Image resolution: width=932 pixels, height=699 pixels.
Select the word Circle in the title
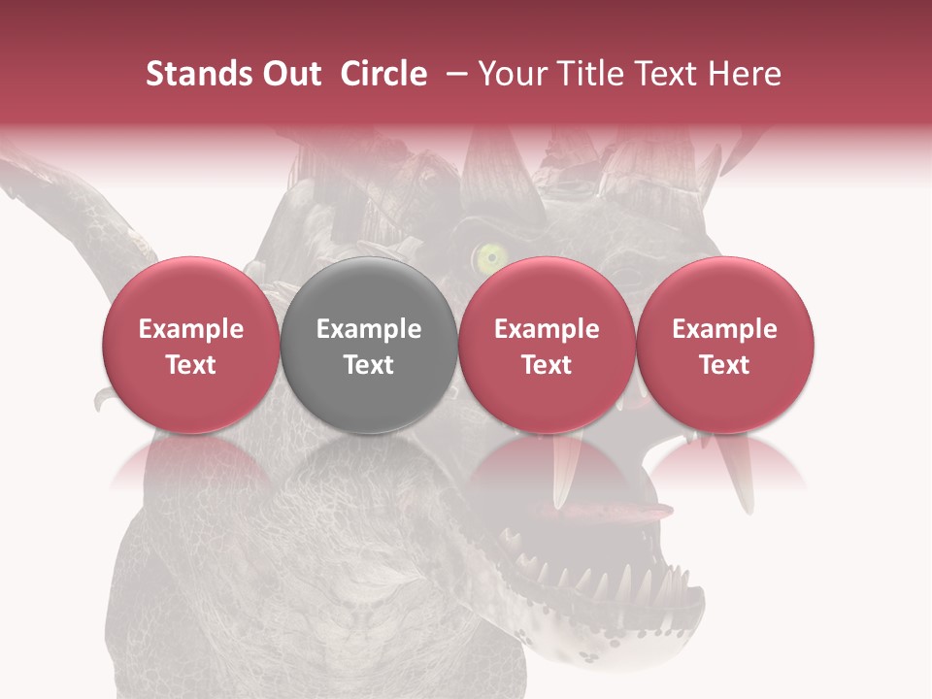click(x=383, y=74)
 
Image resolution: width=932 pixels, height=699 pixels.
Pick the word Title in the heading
click(x=591, y=74)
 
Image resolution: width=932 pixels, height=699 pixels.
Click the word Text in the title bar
click(x=670, y=74)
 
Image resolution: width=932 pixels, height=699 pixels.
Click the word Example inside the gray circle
click(x=369, y=329)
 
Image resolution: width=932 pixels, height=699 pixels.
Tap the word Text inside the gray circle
click(x=369, y=365)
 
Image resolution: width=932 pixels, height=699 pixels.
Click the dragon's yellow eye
click(x=491, y=256)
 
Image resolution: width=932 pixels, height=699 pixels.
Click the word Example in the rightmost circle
click(x=724, y=329)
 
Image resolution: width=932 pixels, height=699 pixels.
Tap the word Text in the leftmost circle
click(x=191, y=365)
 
